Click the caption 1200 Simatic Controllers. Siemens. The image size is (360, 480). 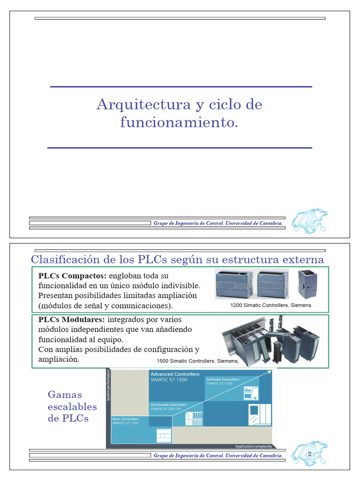point(271,305)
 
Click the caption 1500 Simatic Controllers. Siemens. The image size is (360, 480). point(198,361)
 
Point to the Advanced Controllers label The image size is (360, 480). point(175,374)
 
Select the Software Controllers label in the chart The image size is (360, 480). point(223,379)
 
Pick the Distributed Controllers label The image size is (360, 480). point(168,405)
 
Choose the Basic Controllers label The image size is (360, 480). point(126,419)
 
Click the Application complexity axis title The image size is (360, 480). point(253,446)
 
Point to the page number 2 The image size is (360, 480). point(309,454)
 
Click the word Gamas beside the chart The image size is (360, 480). point(65,395)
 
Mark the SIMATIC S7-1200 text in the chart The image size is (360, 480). point(126,423)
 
